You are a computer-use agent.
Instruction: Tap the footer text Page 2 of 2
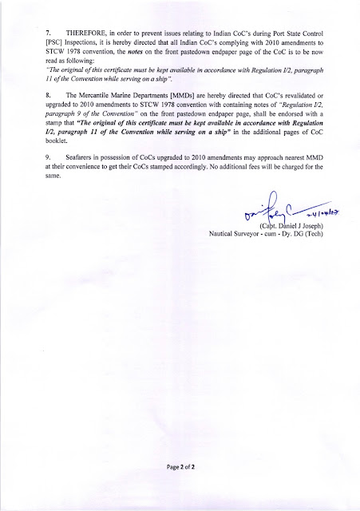(x=180, y=486)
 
